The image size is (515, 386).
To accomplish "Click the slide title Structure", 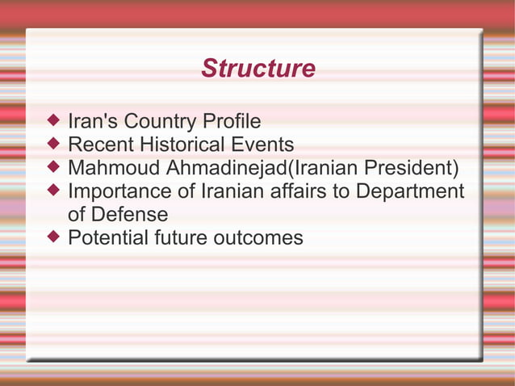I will [x=257, y=69].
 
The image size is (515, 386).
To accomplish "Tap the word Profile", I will [x=232, y=122].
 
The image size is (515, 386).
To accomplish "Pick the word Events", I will [x=266, y=145].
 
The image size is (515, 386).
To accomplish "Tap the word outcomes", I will [x=261, y=238].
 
